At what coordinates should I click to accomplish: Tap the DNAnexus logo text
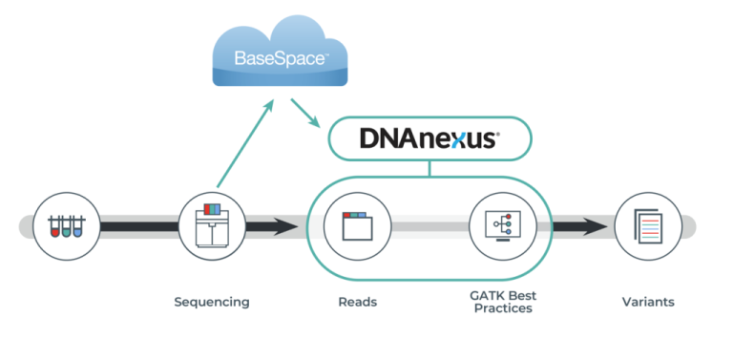pos(429,138)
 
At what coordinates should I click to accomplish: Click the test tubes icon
pos(66,227)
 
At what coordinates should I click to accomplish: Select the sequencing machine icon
pos(212,227)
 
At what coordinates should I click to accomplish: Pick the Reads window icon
pos(357,227)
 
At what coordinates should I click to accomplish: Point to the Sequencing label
pos(212,302)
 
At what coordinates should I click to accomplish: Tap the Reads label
pos(357,302)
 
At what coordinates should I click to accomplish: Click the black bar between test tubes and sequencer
pos(137,227)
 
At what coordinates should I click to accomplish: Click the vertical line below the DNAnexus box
pos(429,169)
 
